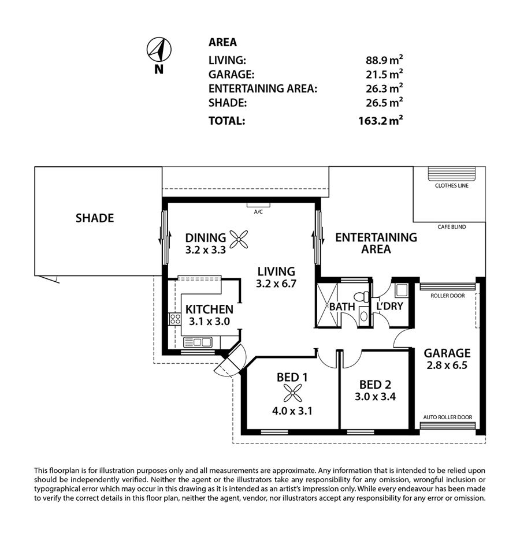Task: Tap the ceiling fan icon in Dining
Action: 239,239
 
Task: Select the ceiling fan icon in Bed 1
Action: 293,393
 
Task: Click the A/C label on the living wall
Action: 258,212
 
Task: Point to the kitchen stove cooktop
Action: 175,319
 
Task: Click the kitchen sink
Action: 198,342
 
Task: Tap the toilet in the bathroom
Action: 362,297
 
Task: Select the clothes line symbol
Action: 451,174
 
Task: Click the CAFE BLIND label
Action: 451,227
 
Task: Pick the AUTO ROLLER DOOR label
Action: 447,417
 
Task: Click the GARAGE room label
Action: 447,353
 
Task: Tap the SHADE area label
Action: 95,218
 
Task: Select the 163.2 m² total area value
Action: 381,121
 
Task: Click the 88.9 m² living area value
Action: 384,60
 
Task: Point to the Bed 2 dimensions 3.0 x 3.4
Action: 375,397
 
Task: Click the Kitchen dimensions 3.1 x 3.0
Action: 209,321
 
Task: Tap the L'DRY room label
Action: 389,306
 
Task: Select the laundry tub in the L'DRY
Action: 401,290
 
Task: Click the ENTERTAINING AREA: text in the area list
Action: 263,89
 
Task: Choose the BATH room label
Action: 341,307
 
